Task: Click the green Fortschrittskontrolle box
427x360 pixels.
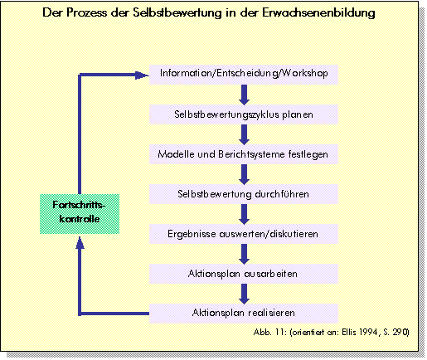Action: pyautogui.click(x=80, y=214)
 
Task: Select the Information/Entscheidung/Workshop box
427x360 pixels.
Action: pyautogui.click(x=244, y=75)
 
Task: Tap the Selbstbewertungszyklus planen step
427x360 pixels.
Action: pyautogui.click(x=244, y=114)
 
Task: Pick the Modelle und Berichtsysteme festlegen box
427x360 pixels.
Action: pyautogui.click(x=244, y=154)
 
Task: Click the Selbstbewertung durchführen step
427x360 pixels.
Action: pyautogui.click(x=244, y=194)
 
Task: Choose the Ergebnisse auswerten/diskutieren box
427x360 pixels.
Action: pyautogui.click(x=244, y=234)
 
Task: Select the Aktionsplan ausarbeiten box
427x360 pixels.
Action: pyautogui.click(x=244, y=274)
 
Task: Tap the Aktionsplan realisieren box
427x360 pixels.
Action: pyautogui.click(x=244, y=314)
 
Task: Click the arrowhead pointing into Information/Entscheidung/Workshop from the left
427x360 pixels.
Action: pyautogui.click(x=142, y=75)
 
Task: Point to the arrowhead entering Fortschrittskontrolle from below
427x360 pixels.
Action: pyautogui.click(x=80, y=242)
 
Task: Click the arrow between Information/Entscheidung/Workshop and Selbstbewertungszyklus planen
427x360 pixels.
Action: pyautogui.click(x=244, y=95)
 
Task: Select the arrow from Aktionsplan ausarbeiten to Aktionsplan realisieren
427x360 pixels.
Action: pyautogui.click(x=244, y=294)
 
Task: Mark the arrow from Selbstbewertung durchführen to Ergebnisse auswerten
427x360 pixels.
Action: pyautogui.click(x=244, y=214)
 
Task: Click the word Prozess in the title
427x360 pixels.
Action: pyautogui.click(x=86, y=12)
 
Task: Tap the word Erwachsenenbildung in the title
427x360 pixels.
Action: pyautogui.click(x=318, y=12)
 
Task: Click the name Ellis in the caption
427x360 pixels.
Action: pyautogui.click(x=349, y=332)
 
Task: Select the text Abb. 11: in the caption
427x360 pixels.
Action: pyautogui.click(x=270, y=332)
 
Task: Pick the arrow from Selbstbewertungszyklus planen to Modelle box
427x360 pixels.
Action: pyautogui.click(x=244, y=134)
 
